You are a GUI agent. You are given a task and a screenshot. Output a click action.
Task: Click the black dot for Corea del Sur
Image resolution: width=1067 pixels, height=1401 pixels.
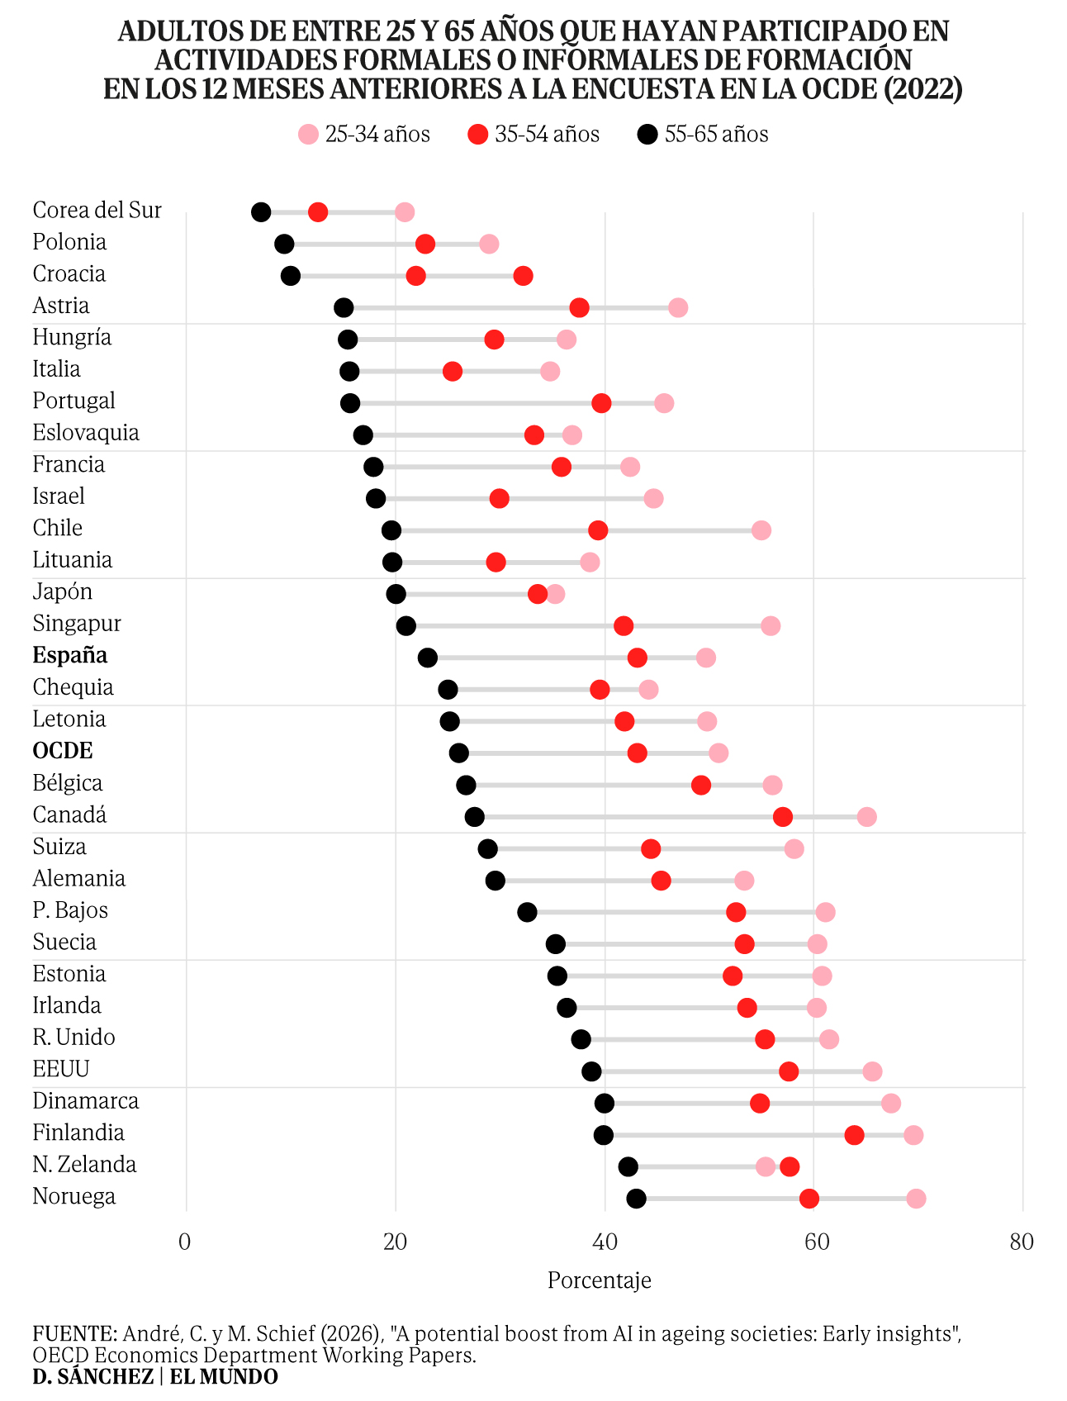pyautogui.click(x=261, y=212)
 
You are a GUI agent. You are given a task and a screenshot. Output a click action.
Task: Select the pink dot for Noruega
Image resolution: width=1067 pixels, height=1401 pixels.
pyautogui.click(x=916, y=1199)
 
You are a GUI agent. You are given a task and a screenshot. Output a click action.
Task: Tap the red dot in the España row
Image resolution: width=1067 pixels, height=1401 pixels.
pyautogui.click(x=637, y=658)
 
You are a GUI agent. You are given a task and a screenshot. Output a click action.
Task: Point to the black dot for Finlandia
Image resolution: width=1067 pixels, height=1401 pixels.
pyautogui.click(x=604, y=1135)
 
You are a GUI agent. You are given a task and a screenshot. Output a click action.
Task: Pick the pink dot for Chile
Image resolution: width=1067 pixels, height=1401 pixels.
pyautogui.click(x=761, y=530)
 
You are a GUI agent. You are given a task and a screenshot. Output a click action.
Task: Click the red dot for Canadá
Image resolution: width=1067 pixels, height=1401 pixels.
pyautogui.click(x=783, y=817)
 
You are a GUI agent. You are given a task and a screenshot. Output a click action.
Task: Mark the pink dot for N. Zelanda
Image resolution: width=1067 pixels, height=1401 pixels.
pyautogui.click(x=766, y=1166)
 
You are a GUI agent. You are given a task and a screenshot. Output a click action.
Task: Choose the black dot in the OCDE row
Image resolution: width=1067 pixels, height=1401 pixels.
pyautogui.click(x=459, y=753)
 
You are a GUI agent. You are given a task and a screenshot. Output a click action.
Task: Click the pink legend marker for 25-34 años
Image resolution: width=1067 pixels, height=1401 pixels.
pyautogui.click(x=308, y=135)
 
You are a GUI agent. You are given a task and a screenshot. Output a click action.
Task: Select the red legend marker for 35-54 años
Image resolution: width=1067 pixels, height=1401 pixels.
pyautogui.click(x=478, y=135)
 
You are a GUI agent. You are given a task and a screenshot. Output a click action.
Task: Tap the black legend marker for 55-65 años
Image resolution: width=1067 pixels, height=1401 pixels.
pyautogui.click(x=648, y=135)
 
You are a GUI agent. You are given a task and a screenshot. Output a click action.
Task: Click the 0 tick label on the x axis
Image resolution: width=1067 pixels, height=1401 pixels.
pyautogui.click(x=185, y=1242)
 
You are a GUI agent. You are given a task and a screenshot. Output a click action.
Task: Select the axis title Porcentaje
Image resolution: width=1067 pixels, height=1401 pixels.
pyautogui.click(x=600, y=1280)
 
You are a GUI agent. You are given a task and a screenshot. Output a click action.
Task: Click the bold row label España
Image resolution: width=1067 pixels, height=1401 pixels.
pyautogui.click(x=70, y=655)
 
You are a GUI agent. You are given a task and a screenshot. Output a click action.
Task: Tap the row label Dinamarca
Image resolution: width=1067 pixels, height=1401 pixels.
pyautogui.click(x=86, y=1101)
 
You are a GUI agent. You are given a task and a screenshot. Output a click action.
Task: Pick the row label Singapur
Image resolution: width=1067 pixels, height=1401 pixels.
pyautogui.click(x=77, y=625)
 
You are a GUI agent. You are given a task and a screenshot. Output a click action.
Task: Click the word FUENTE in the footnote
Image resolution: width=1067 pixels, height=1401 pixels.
pyautogui.click(x=74, y=1334)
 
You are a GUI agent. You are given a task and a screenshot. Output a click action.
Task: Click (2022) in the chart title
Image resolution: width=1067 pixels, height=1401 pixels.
pyautogui.click(x=922, y=88)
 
